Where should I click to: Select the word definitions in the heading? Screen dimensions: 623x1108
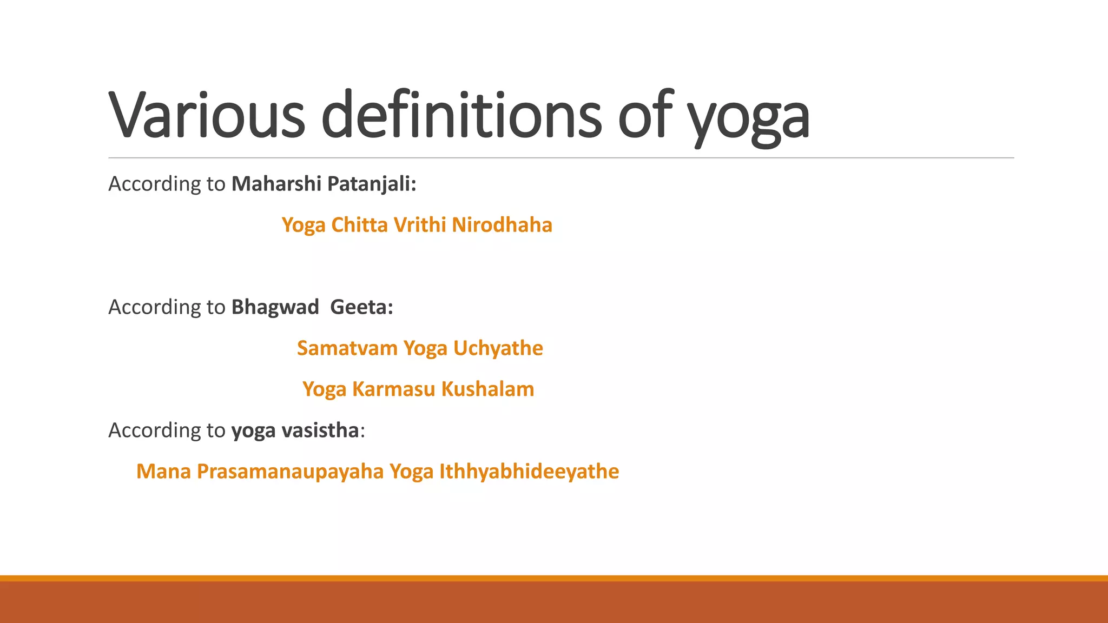pyautogui.click(x=461, y=115)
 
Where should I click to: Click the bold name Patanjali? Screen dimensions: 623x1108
pyautogui.click(x=372, y=184)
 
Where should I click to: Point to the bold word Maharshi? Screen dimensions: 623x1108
pyautogui.click(x=276, y=184)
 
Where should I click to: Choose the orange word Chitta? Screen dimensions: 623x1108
pyautogui.click(x=359, y=225)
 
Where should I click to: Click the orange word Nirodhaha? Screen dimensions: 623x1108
pyautogui.click(x=502, y=225)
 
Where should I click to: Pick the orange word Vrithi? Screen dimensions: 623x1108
pyautogui.click(x=420, y=225)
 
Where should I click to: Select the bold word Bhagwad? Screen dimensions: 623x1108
pyautogui.click(x=275, y=307)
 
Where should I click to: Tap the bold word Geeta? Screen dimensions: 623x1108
pyautogui.click(x=361, y=307)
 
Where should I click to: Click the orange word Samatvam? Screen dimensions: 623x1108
pyautogui.click(x=347, y=348)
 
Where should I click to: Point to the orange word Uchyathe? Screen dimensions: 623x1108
pyautogui.click(x=498, y=348)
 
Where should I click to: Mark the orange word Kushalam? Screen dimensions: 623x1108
pyautogui.click(x=487, y=389)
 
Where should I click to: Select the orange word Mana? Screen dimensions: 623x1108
pyautogui.click(x=163, y=472)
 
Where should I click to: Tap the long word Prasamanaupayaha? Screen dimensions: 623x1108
pyautogui.click(x=290, y=472)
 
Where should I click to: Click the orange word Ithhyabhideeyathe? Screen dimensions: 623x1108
pyautogui.click(x=529, y=472)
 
